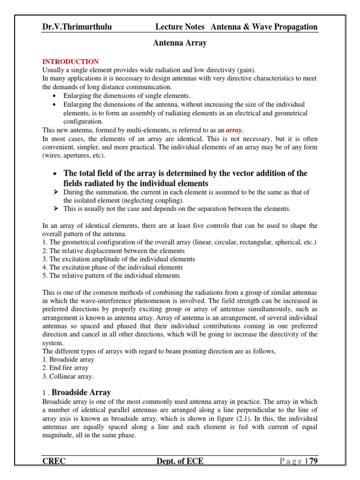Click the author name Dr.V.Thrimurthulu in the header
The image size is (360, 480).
(77, 27)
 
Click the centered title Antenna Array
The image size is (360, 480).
(180, 43)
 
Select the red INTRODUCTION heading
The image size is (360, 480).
(70, 61)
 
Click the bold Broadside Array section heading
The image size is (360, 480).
(81, 392)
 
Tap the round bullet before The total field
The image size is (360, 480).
(55, 173)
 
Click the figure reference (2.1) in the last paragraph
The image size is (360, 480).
(262, 419)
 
